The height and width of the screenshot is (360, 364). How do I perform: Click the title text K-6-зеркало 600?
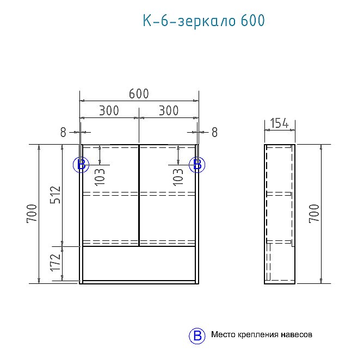tap(203, 21)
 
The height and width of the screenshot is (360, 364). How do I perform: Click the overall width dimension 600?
tap(139, 94)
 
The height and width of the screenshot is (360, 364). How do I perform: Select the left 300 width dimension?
tap(109, 110)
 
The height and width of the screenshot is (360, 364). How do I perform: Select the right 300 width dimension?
tap(169, 110)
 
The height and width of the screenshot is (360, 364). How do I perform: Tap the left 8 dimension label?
tap(63, 132)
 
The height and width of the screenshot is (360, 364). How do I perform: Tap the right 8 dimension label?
tap(214, 132)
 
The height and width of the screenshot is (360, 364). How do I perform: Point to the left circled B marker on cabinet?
tap(81, 165)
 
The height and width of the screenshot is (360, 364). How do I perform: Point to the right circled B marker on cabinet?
tap(197, 165)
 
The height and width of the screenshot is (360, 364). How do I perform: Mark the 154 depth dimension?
tap(280, 124)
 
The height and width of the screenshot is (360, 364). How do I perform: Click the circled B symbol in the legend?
tap(196, 336)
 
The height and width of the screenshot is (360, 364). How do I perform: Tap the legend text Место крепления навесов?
tap(262, 335)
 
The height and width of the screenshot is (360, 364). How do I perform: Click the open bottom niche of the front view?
tap(139, 263)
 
